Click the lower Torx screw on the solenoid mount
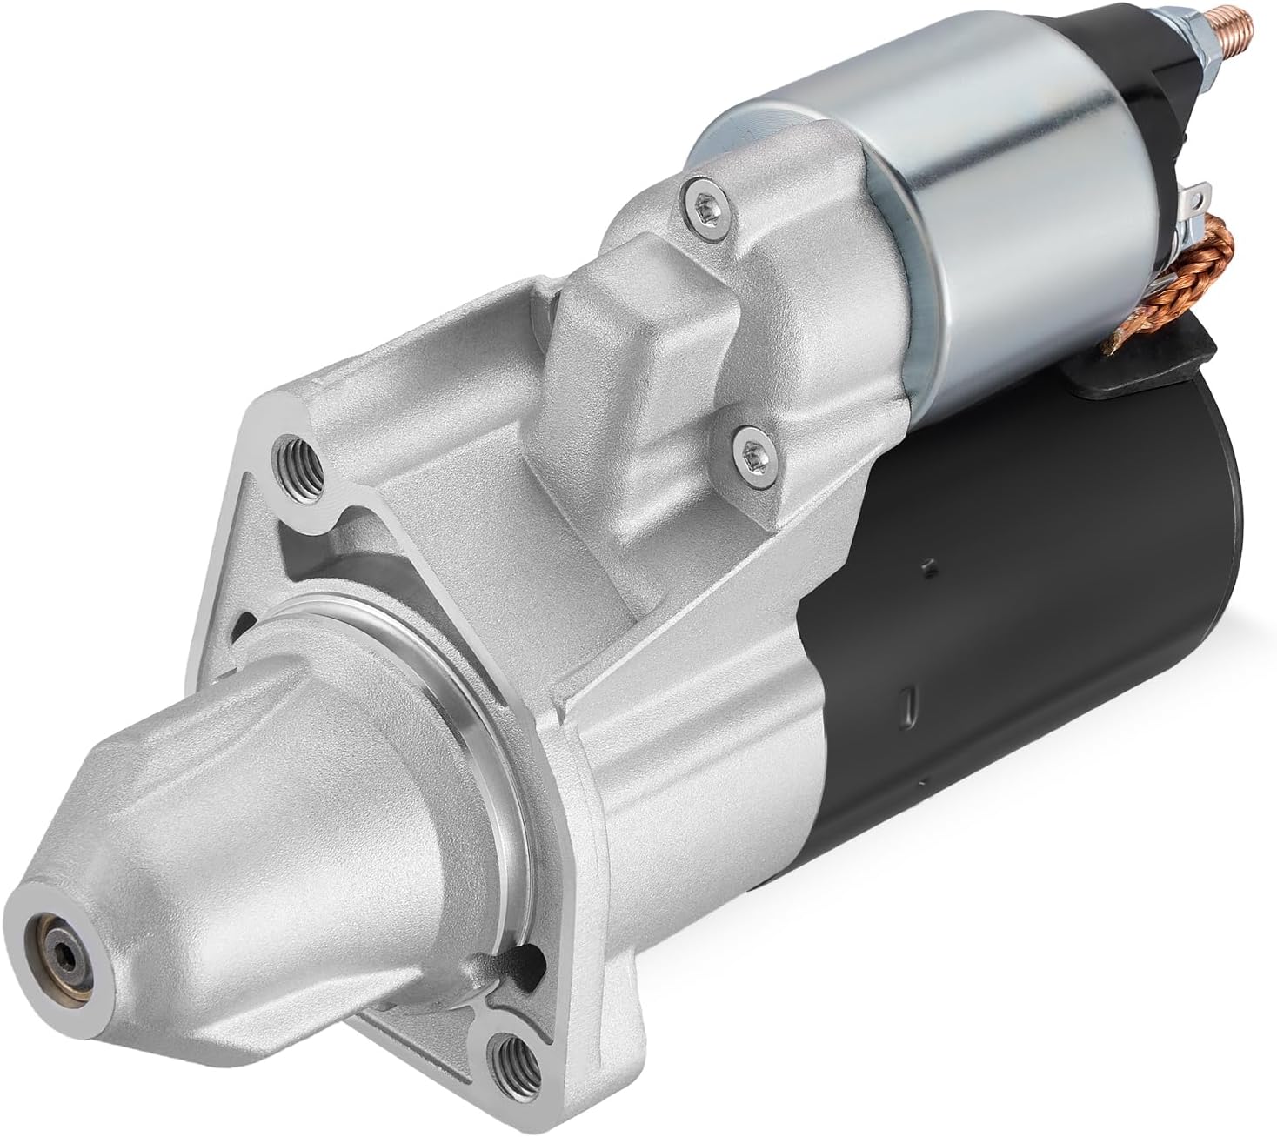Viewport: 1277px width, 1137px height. [751, 451]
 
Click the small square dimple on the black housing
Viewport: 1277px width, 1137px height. [928, 566]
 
